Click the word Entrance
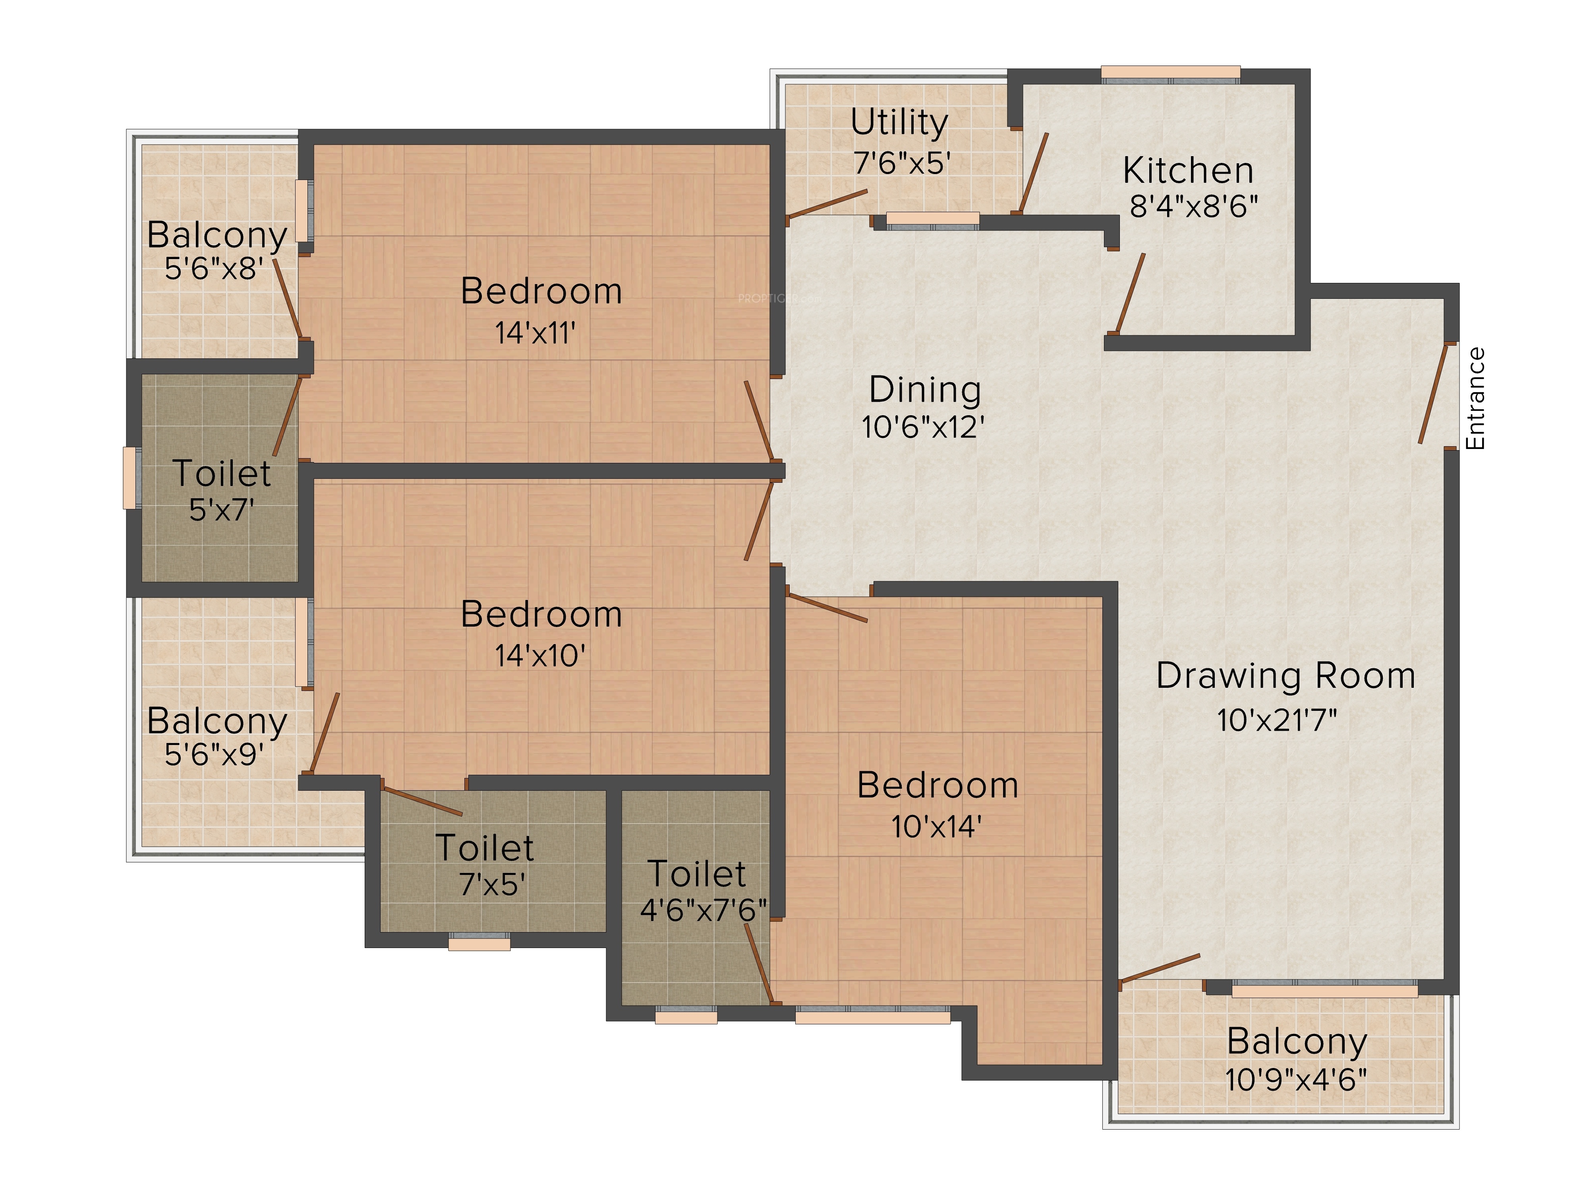1475,399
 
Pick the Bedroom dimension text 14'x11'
535,333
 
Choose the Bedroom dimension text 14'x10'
540,655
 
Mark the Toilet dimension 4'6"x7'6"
703,910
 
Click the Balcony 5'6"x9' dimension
214,755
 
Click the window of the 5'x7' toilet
131,478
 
